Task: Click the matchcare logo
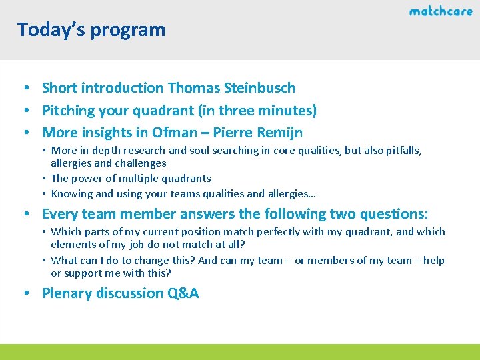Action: [440, 11]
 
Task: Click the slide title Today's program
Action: [91, 29]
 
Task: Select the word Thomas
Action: [192, 87]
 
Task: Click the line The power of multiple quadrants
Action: [131, 179]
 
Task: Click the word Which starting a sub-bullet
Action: [65, 232]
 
